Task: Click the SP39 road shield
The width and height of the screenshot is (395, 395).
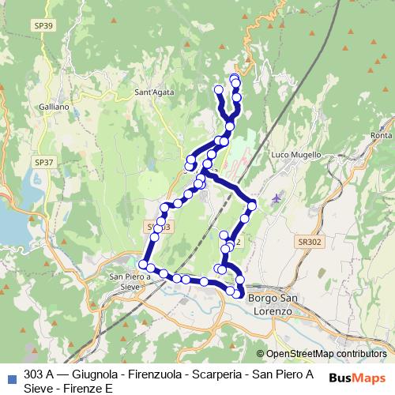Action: tap(45, 26)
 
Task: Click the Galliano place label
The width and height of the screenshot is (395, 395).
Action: tap(54, 106)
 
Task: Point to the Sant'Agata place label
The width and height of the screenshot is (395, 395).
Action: tap(154, 93)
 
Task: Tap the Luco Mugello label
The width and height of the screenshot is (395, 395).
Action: tap(296, 156)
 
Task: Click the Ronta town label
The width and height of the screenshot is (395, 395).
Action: tap(381, 136)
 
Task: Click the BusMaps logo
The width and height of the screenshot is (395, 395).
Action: tap(357, 378)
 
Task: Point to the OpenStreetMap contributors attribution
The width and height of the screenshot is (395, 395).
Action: tap(325, 354)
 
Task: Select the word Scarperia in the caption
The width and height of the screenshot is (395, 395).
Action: tap(206, 374)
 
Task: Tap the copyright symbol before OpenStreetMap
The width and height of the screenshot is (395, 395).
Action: tap(261, 354)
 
